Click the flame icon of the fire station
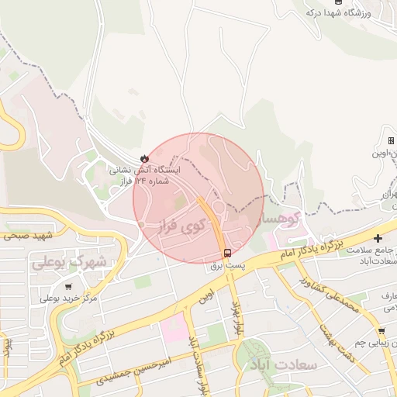[x=143, y=157]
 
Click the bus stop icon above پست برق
[x=227, y=253]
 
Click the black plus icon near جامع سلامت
[x=378, y=238]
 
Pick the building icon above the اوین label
[x=391, y=140]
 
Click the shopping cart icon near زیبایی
[x=381, y=331]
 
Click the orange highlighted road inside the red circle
[x=211, y=220]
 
